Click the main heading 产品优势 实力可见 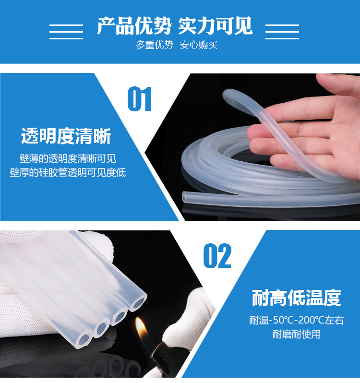(x=175, y=26)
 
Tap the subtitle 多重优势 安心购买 (x=176, y=45)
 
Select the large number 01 (x=140, y=99)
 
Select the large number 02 (x=217, y=256)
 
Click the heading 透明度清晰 (x=66, y=136)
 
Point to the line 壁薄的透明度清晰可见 (x=68, y=159)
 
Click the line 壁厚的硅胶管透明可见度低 (x=68, y=173)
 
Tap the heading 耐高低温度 (x=296, y=298)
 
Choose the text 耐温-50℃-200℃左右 (x=296, y=320)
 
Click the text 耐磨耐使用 (x=296, y=334)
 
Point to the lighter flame (x=141, y=329)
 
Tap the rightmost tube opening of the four (x=138, y=302)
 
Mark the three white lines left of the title (x=66, y=32)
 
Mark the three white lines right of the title (x=282, y=32)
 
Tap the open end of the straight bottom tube (x=185, y=197)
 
